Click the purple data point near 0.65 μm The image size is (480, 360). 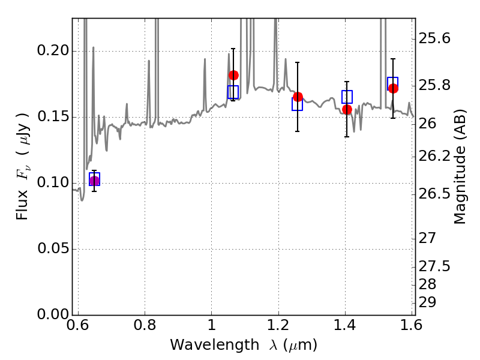pyautogui.click(x=94, y=181)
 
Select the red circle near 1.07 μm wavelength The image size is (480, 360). pyautogui.click(x=233, y=76)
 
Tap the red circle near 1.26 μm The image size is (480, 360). pyautogui.click(x=298, y=97)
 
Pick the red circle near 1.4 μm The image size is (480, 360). pyautogui.click(x=347, y=109)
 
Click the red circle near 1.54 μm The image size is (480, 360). pyautogui.click(x=394, y=88)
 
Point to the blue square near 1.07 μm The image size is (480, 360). pyautogui.click(x=233, y=92)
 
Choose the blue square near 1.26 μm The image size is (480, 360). pyautogui.click(x=297, y=104)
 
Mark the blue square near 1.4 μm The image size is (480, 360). pyautogui.click(x=347, y=97)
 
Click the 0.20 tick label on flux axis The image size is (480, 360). pyautogui.click(x=53, y=50)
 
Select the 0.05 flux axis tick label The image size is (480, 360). pyautogui.click(x=53, y=248)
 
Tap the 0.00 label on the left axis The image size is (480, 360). pyautogui.click(x=53, y=314)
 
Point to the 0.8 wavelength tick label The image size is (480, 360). pyautogui.click(x=145, y=325)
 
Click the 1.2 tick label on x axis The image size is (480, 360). pyautogui.click(x=278, y=325)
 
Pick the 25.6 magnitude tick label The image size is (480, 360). pyautogui.click(x=434, y=39)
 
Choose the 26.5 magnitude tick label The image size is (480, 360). pyautogui.click(x=434, y=194)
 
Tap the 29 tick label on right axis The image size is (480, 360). pyautogui.click(x=427, y=302)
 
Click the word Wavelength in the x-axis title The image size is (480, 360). pyautogui.click(x=215, y=346)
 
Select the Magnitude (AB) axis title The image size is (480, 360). pyautogui.click(x=460, y=167)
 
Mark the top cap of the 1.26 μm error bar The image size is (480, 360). pyautogui.click(x=297, y=62)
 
